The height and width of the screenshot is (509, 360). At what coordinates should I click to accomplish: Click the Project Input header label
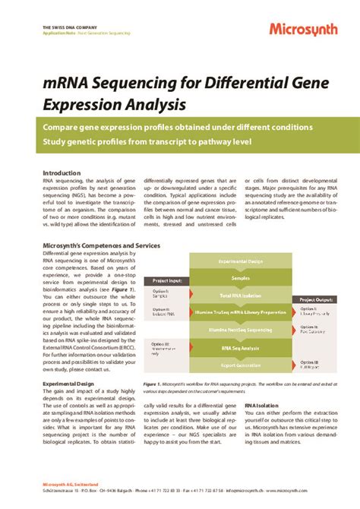(x=169, y=281)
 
